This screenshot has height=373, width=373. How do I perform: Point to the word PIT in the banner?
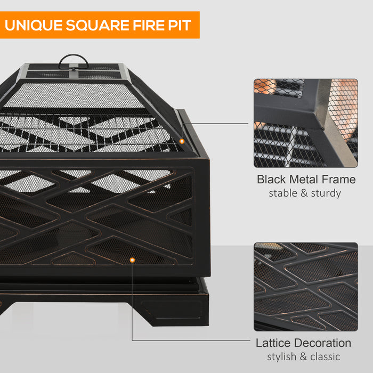tap(179, 25)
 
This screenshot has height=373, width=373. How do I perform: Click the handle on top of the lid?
tap(73, 61)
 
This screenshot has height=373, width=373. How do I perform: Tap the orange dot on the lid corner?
tap(182, 141)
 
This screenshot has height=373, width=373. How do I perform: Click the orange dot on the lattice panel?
tap(132, 260)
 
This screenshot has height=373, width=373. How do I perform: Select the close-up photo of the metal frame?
tap(305, 123)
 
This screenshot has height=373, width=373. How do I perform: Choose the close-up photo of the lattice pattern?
tap(305, 287)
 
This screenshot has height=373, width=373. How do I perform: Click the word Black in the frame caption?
tap(271, 179)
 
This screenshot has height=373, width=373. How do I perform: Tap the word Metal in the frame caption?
tap(305, 179)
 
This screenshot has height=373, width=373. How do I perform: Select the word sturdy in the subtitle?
tap(326, 193)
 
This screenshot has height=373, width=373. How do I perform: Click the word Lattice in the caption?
tap(274, 343)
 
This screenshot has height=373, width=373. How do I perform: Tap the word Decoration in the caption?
tap(325, 343)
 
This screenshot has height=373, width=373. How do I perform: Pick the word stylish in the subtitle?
tap(284, 356)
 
